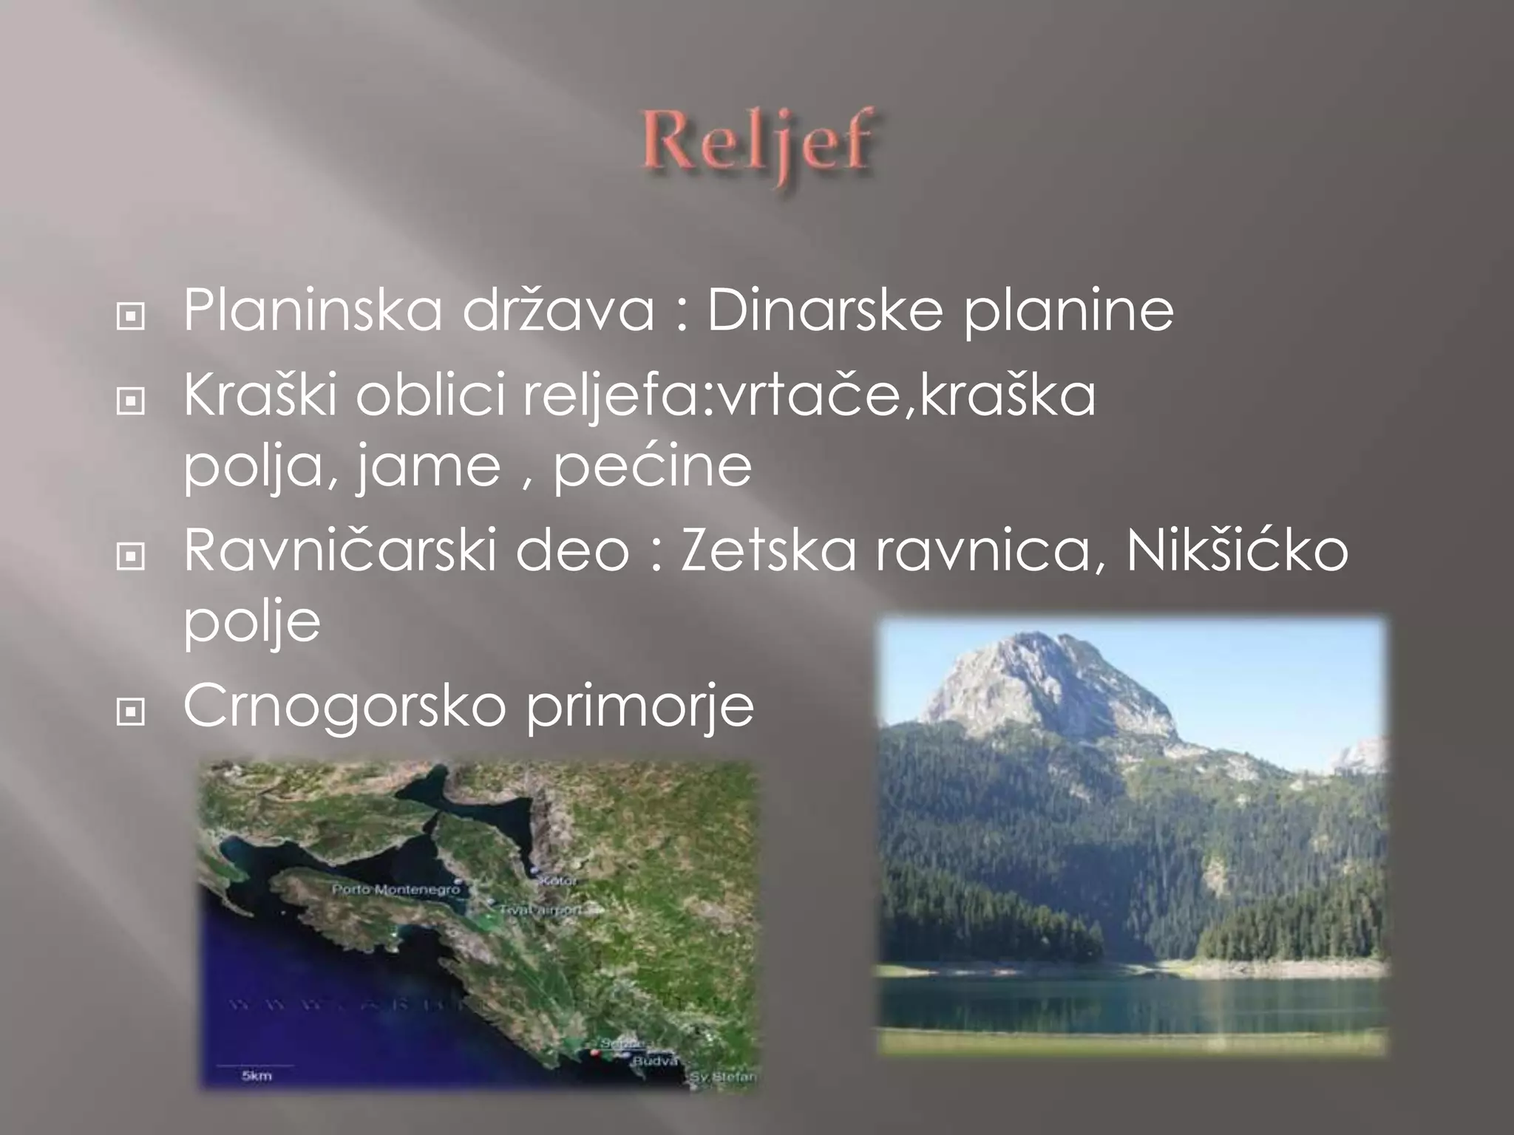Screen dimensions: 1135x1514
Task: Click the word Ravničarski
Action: pos(339,550)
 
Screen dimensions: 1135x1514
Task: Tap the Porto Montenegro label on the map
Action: pos(396,890)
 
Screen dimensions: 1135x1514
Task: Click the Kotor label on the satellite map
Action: pos(560,881)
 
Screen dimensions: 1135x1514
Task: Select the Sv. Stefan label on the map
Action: pos(723,1077)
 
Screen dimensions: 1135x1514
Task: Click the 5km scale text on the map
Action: pos(256,1076)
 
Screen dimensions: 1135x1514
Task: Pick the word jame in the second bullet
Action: pos(427,467)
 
